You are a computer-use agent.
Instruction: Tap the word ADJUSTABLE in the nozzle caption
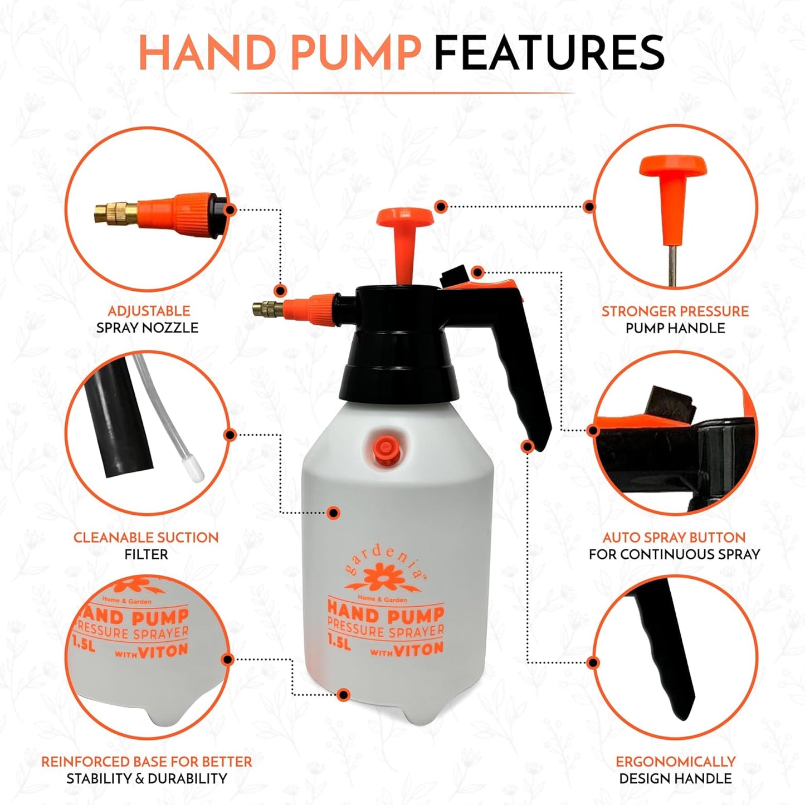(x=149, y=311)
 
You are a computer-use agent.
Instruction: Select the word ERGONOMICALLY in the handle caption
(x=675, y=762)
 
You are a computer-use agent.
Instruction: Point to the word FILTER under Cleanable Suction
(x=146, y=554)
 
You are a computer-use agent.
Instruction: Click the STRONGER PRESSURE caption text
(x=675, y=311)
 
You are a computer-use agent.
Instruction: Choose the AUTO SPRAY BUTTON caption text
(x=674, y=538)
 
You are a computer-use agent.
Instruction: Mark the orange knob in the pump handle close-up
(x=673, y=168)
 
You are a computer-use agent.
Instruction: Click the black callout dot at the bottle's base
(x=344, y=695)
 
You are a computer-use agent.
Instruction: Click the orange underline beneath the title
(x=402, y=92)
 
